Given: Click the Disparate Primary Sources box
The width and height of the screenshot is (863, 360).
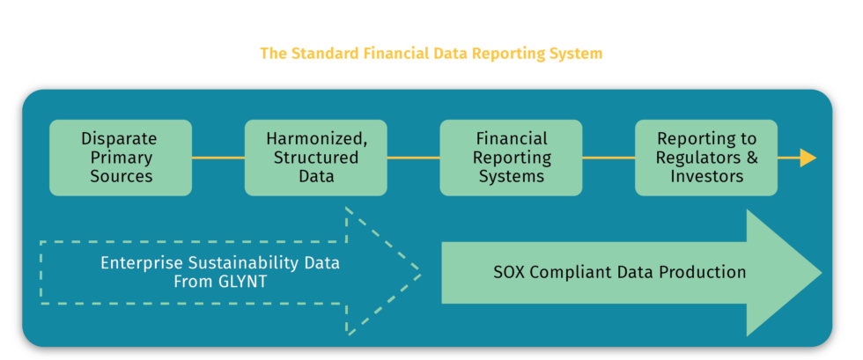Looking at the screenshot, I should coord(121,158).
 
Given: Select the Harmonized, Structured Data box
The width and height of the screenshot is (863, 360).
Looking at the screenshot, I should coord(315,158).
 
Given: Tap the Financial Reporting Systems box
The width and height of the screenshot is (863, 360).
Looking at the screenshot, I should coord(511,158).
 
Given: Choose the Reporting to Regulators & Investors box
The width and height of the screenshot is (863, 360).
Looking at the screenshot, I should coord(706,158).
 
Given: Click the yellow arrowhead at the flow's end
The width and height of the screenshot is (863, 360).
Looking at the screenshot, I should coord(808,158).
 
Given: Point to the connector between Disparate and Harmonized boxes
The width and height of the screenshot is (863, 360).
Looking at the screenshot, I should coord(218,158).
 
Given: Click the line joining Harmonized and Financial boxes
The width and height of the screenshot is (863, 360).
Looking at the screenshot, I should coord(413,158).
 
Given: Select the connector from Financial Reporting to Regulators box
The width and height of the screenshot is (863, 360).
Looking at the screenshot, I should coord(609,158).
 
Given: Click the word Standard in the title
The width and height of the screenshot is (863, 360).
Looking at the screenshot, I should coord(322,54).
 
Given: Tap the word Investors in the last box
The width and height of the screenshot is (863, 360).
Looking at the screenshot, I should coord(706,176).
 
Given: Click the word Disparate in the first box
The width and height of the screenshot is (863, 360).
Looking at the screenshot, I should coord(119,139).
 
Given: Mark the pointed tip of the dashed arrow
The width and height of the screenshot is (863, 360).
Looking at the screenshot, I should coord(418,273).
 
